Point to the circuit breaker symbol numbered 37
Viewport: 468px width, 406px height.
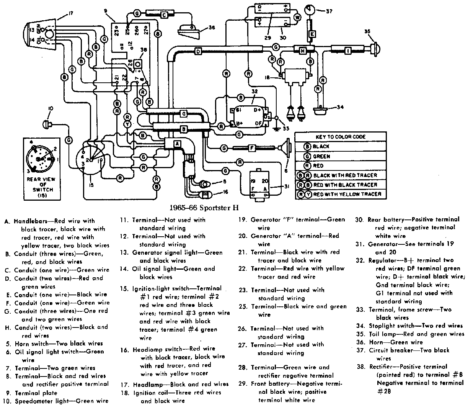(310, 10)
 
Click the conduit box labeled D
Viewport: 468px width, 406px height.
(198, 51)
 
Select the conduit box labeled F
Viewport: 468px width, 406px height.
(252, 147)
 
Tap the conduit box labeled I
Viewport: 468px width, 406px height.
(348, 50)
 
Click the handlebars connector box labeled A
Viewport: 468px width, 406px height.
(177, 143)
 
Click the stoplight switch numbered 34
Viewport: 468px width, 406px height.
(321, 110)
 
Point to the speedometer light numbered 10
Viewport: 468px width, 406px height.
(48, 123)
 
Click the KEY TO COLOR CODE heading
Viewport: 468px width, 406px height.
(341, 137)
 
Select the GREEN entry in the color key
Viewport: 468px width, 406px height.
(321, 156)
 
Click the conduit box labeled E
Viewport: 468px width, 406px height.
(312, 34)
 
